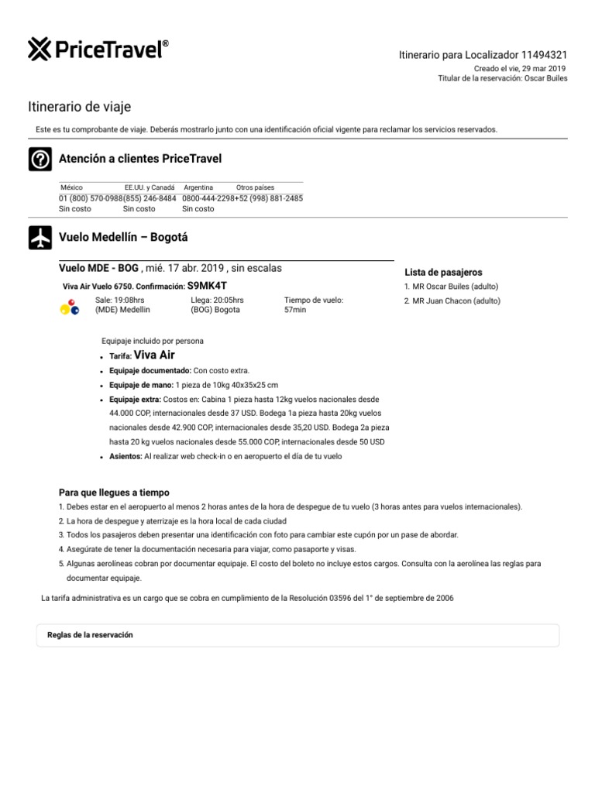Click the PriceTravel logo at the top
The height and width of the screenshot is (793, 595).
pos(98,50)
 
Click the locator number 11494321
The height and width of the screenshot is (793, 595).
pos(544,55)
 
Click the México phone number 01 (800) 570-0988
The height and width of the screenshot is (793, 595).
pos(91,198)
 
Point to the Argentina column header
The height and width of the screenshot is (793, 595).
pos(198,187)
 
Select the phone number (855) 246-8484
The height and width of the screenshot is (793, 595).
pos(150,198)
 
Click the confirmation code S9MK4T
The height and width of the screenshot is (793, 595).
pos(207,286)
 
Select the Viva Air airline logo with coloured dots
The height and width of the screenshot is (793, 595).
pos(70,307)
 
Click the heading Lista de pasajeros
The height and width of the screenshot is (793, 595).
pos(443,273)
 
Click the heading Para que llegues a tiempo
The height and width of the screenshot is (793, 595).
pos(114,493)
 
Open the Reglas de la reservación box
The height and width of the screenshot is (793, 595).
pos(298,635)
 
